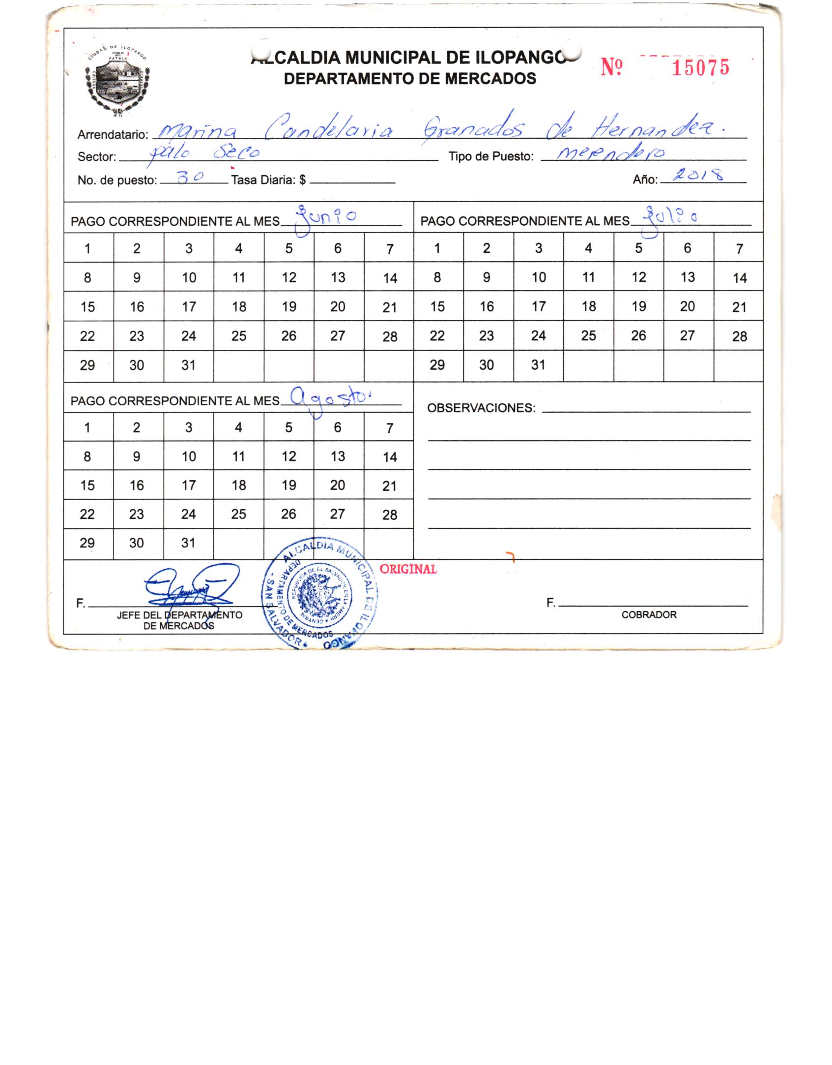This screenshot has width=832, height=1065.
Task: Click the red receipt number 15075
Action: [x=700, y=68]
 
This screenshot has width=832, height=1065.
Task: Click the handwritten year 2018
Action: [x=698, y=176]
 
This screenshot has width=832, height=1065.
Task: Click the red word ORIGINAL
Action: [x=408, y=569]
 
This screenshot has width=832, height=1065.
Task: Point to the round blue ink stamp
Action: [x=320, y=596]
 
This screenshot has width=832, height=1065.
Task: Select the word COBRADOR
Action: [x=649, y=615]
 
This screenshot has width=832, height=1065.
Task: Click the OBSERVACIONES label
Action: [x=481, y=408]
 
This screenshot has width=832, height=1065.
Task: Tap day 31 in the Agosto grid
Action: [x=188, y=543]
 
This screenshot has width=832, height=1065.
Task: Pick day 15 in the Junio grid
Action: [x=87, y=307]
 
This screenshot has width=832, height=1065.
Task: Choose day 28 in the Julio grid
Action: [x=739, y=336]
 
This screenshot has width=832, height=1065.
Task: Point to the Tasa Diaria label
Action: [x=268, y=180]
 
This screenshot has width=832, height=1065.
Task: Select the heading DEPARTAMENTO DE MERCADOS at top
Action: [x=410, y=79]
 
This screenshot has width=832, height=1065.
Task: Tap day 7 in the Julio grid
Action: [x=739, y=249]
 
